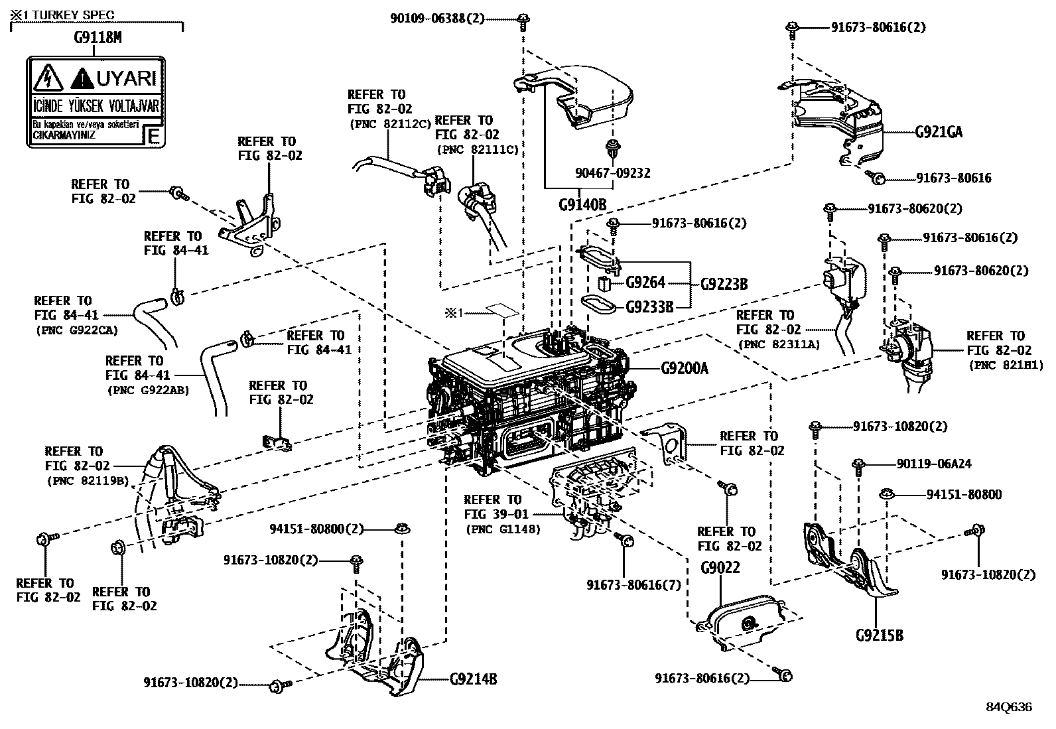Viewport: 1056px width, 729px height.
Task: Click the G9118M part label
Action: point(98,38)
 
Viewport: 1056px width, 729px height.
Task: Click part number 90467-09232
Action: point(612,172)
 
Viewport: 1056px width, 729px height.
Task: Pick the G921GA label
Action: point(939,132)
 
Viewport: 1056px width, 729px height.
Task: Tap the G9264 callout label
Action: point(645,283)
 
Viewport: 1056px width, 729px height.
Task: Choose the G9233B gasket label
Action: point(649,307)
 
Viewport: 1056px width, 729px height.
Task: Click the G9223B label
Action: point(724,284)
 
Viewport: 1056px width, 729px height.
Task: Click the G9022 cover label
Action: point(720,568)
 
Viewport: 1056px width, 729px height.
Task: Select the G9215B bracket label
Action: point(879,635)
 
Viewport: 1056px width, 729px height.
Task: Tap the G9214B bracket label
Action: point(473,679)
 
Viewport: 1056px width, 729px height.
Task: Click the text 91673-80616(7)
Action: point(633,584)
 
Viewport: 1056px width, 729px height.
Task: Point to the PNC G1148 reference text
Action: point(503,529)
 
